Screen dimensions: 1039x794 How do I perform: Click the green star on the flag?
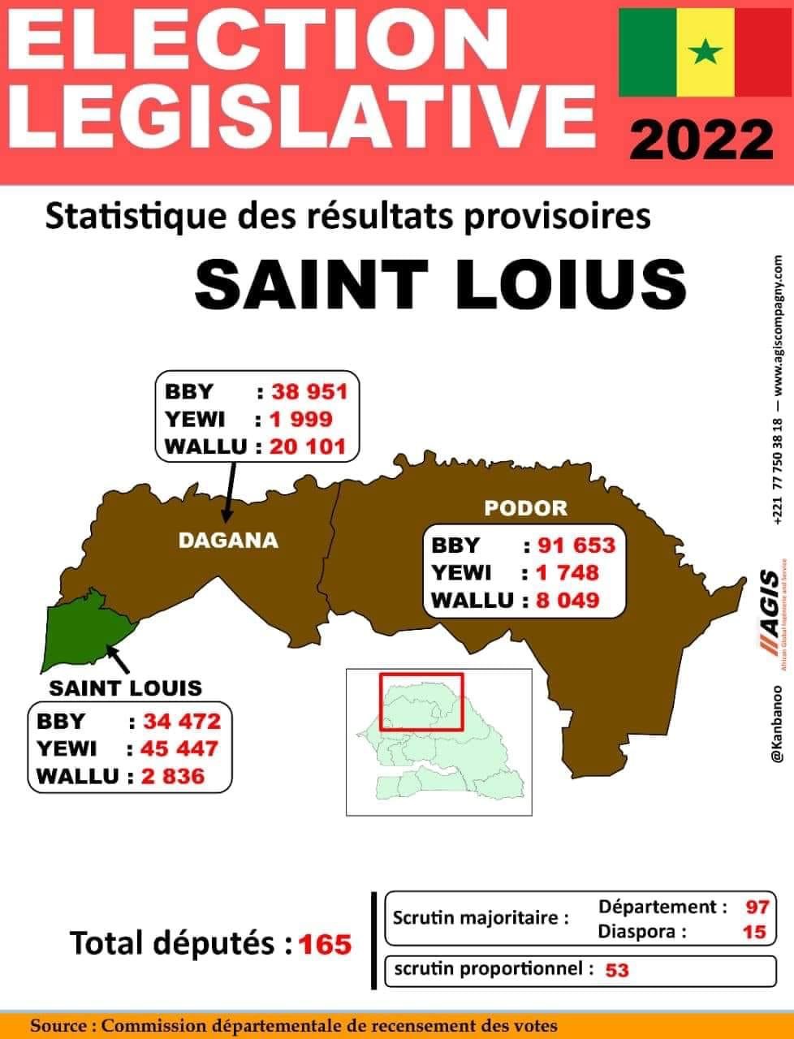pyautogui.click(x=706, y=53)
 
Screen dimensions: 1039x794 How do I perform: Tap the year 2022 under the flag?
pyautogui.click(x=702, y=139)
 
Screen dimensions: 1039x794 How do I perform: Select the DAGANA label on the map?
pyautogui.click(x=228, y=540)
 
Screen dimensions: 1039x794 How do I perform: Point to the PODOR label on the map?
pyautogui.click(x=525, y=508)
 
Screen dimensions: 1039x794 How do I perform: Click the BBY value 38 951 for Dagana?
pyautogui.click(x=309, y=392)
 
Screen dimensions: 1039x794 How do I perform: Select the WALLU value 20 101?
pyautogui.click(x=309, y=446)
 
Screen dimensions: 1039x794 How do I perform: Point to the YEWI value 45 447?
pyautogui.click(x=180, y=748)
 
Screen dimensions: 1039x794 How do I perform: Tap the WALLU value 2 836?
pyautogui.click(x=172, y=775)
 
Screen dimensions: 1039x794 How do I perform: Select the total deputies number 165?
pyautogui.click(x=325, y=945)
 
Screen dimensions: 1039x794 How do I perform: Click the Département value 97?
pyautogui.click(x=757, y=907)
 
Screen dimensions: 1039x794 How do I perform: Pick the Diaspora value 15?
pyautogui.click(x=754, y=932)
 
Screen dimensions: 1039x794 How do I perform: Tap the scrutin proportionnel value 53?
pyautogui.click(x=617, y=970)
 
